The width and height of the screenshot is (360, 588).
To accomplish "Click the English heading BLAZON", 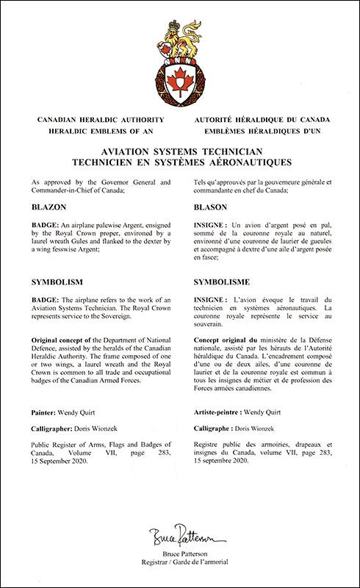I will (x=49, y=208).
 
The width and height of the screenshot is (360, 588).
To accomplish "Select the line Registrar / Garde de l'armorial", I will (x=180, y=562).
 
